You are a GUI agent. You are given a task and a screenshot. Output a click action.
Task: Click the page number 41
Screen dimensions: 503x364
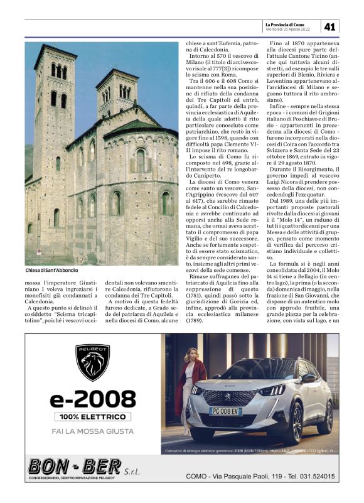(x=331, y=26)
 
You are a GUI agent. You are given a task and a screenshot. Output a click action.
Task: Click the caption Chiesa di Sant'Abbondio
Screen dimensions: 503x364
(x=52, y=270)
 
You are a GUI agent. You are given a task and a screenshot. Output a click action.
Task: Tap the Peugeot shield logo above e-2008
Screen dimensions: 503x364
(x=93, y=362)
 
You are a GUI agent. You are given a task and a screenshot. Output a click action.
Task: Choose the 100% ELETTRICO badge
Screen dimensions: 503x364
(x=93, y=416)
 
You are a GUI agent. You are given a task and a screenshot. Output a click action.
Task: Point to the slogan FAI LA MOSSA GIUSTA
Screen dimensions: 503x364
(x=93, y=431)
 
